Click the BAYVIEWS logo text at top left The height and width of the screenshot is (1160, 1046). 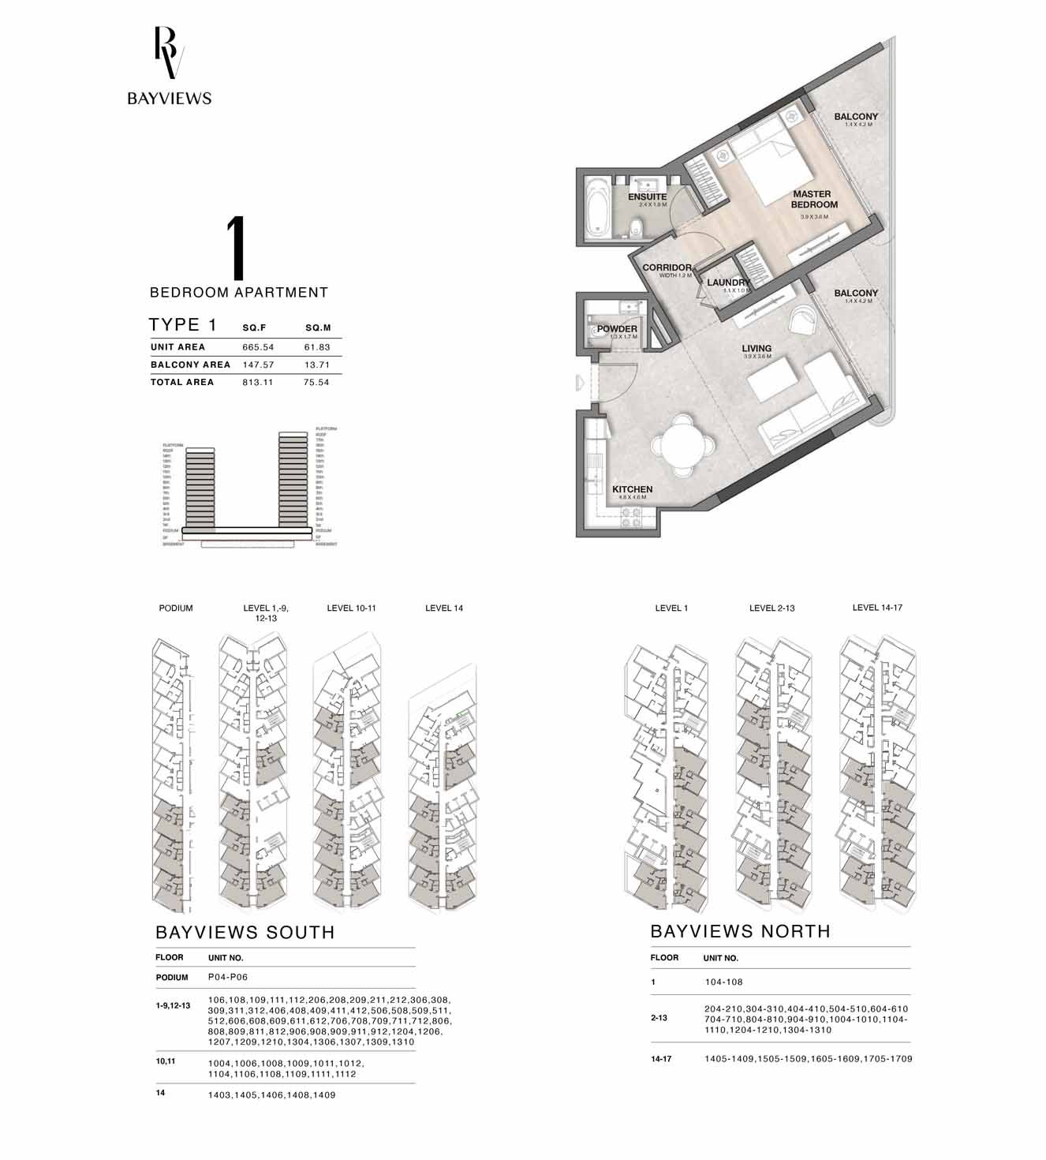[x=170, y=99]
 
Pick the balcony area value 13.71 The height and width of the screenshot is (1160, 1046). [x=317, y=365]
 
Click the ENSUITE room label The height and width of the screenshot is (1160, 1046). [x=647, y=197]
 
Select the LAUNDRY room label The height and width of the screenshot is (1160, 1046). [x=727, y=283]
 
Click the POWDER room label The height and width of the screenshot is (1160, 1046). [x=617, y=329]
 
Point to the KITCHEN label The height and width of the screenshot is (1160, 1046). [x=632, y=489]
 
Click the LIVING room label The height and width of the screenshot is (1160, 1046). [x=756, y=348]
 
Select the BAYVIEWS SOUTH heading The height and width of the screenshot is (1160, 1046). [x=245, y=932]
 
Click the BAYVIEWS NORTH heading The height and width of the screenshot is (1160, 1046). [x=740, y=931]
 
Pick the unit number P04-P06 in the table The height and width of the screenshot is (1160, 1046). [x=228, y=977]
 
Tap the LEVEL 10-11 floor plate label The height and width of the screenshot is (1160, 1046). [x=351, y=608]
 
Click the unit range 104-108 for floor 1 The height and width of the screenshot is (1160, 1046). [x=723, y=982]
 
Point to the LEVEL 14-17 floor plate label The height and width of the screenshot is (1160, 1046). [x=876, y=608]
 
